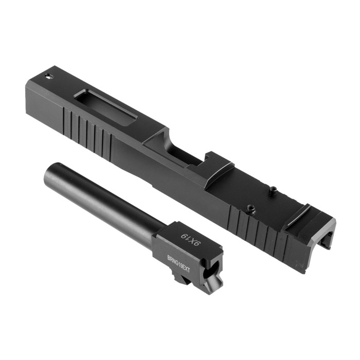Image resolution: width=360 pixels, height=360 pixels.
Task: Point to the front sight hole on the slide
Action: (49, 77)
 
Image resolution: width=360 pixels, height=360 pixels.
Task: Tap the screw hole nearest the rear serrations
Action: (250, 208)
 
